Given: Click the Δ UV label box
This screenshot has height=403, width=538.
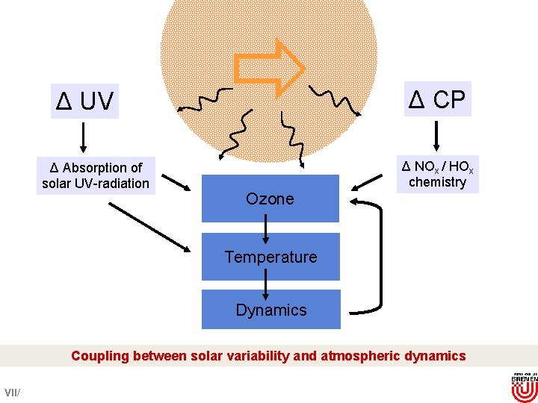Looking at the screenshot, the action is pyautogui.click(x=85, y=101).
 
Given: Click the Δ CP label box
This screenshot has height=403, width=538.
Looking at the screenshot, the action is pyautogui.click(x=438, y=98).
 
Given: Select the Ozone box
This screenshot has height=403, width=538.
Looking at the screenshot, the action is pyautogui.click(x=270, y=199).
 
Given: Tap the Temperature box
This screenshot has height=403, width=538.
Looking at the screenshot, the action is pyautogui.click(x=270, y=257).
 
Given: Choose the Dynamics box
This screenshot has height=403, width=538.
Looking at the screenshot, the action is pyautogui.click(x=270, y=310).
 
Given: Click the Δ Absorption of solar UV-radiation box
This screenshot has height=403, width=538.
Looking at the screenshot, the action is pyautogui.click(x=96, y=175).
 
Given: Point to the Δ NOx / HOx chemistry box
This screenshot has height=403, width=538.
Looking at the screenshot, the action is pyautogui.click(x=437, y=174).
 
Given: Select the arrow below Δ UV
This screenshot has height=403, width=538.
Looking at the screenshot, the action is pyautogui.click(x=82, y=136).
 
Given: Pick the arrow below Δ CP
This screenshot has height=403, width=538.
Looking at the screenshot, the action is pyautogui.click(x=437, y=135).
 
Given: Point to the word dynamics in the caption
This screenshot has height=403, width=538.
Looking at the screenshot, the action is pyautogui.click(x=435, y=356).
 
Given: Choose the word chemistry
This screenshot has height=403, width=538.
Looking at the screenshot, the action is pyautogui.click(x=437, y=182).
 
